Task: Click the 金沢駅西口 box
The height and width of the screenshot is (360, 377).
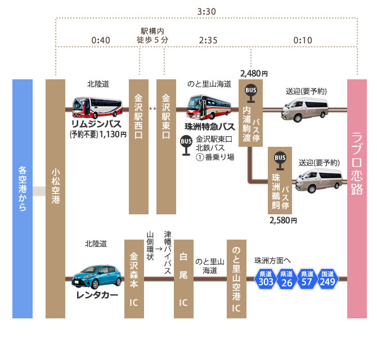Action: pyautogui.click(x=138, y=146)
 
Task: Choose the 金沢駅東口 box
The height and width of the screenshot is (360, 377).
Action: pyautogui.click(x=166, y=146)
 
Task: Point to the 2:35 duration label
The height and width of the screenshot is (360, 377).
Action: pyautogui.click(x=209, y=40)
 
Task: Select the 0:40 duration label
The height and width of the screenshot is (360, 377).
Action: pyautogui.click(x=101, y=40)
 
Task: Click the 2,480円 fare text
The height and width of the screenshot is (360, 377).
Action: pyautogui.click(x=254, y=73)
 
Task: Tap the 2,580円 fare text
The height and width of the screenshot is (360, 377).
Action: pyautogui.click(x=283, y=220)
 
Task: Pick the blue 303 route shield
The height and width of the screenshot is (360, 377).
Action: pyautogui.click(x=266, y=279)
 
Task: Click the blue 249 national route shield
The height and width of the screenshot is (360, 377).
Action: pyautogui.click(x=328, y=279)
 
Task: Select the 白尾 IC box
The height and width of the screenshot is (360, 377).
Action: pyautogui.click(x=182, y=278)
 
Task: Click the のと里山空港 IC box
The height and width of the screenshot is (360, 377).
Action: pyautogui.click(x=237, y=278)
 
